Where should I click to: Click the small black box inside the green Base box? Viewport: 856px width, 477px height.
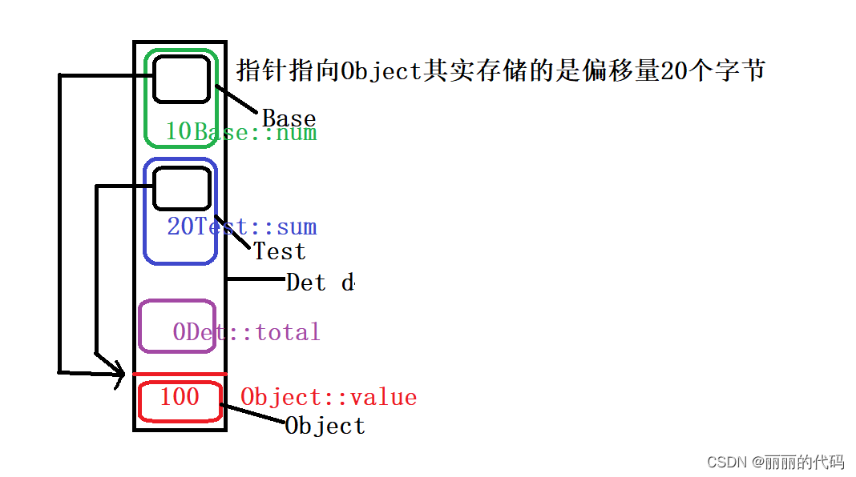181,79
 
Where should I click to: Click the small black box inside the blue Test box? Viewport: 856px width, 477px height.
181,189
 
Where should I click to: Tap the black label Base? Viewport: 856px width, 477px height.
289,119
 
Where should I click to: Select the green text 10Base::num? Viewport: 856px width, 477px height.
240,132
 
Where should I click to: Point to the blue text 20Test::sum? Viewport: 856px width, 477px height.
241,226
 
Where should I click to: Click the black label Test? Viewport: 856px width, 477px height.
280,251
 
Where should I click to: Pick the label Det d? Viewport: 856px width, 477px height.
320,283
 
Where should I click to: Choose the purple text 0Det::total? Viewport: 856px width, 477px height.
246,331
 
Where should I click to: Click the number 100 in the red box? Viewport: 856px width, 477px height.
179,396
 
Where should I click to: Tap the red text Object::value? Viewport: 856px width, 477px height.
329,397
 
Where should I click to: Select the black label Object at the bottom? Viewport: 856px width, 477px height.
325,426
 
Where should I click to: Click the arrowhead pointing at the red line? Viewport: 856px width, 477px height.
119,371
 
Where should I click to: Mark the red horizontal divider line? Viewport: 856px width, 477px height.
180,374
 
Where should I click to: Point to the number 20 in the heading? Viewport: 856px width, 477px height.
672,70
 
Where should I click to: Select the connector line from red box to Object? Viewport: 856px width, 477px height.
252,413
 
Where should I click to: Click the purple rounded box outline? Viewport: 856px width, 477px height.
139,326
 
